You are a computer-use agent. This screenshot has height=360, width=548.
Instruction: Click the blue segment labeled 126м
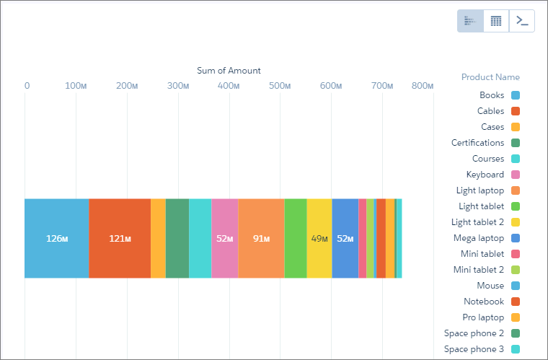point(57,238)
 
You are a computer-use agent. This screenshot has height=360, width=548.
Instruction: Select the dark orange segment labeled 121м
point(120,238)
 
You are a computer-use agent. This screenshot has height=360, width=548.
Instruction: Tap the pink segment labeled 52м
point(225,238)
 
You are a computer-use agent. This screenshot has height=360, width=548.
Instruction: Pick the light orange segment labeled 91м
point(262,238)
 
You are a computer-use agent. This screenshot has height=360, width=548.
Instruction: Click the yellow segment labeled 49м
point(319,238)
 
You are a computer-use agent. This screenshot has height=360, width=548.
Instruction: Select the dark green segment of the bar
point(177,238)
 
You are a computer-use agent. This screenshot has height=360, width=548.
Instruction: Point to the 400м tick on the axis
point(229,86)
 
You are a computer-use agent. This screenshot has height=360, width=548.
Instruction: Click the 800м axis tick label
point(423,86)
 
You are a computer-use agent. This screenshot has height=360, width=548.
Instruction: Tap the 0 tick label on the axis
point(27,86)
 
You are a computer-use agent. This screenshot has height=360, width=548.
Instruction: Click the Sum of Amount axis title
point(229,71)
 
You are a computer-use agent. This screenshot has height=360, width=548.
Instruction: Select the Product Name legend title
point(490,77)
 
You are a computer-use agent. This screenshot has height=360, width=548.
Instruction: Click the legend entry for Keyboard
point(492,175)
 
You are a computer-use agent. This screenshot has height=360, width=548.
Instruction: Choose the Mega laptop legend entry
point(487,238)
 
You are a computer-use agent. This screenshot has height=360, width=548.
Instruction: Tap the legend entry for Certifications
point(485,143)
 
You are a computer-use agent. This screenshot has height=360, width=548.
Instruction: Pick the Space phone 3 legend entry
point(482,348)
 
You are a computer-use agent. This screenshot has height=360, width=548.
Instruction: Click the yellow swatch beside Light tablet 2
point(516,222)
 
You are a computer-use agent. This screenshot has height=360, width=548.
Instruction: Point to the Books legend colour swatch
point(516,95)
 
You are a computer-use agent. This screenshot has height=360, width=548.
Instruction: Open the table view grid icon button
point(496,21)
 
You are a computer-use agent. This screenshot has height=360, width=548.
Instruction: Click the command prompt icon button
point(522,21)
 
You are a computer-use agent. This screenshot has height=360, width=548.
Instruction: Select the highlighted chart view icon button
point(470,21)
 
